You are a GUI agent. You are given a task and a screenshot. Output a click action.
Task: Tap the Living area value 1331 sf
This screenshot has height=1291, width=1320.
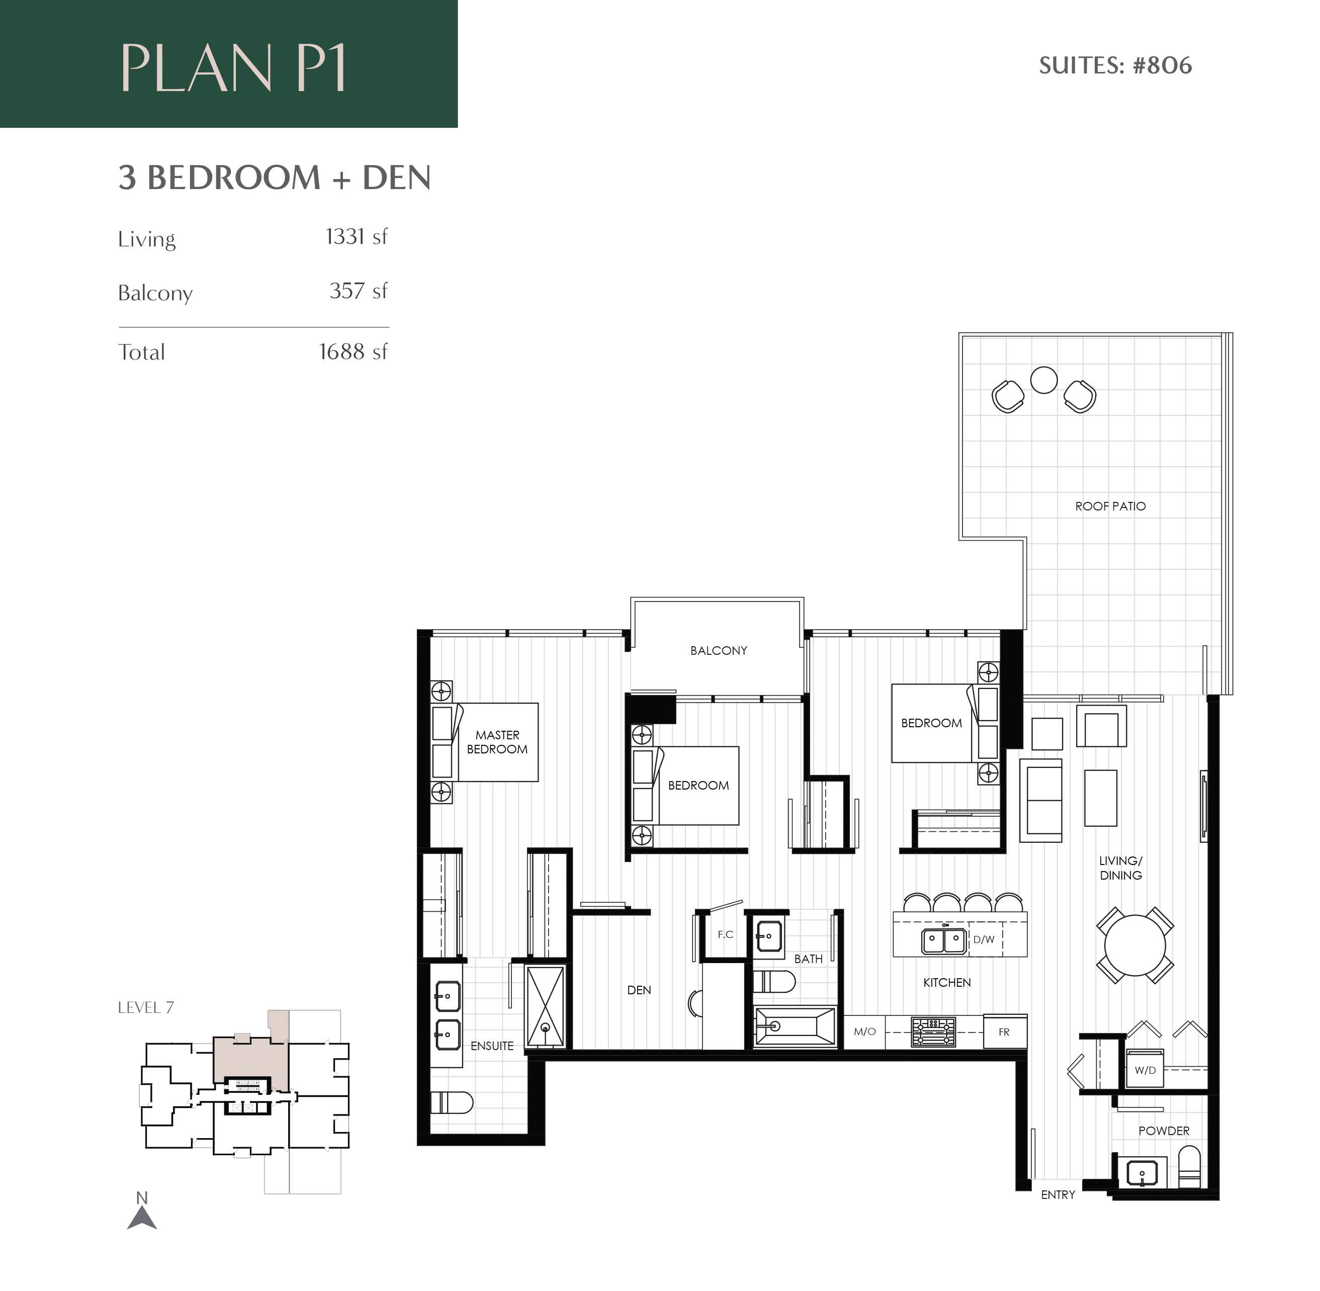tap(356, 237)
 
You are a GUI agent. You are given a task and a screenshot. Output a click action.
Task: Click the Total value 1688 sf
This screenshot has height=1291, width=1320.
tap(353, 352)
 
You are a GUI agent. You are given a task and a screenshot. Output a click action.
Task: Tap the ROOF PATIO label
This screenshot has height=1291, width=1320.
tap(1110, 506)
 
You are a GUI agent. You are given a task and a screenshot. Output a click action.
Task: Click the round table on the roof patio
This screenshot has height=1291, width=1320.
tap(1043, 380)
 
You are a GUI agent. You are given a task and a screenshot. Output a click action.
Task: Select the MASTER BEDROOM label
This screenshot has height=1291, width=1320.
tap(497, 742)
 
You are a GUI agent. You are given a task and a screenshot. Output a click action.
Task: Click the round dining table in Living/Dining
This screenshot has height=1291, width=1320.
tap(1134, 945)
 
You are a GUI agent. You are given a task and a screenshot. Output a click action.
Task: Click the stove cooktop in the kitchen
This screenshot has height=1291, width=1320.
tap(933, 1032)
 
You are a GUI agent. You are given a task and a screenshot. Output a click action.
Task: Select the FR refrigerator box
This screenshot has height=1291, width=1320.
tap(1005, 1032)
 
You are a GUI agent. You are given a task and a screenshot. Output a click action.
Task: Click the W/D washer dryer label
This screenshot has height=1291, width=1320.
tap(1145, 1070)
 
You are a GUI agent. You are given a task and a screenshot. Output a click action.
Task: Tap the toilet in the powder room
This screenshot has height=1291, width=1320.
tap(1190, 1166)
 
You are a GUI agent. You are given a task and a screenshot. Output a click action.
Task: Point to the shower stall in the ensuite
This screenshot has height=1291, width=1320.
tap(545, 1006)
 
